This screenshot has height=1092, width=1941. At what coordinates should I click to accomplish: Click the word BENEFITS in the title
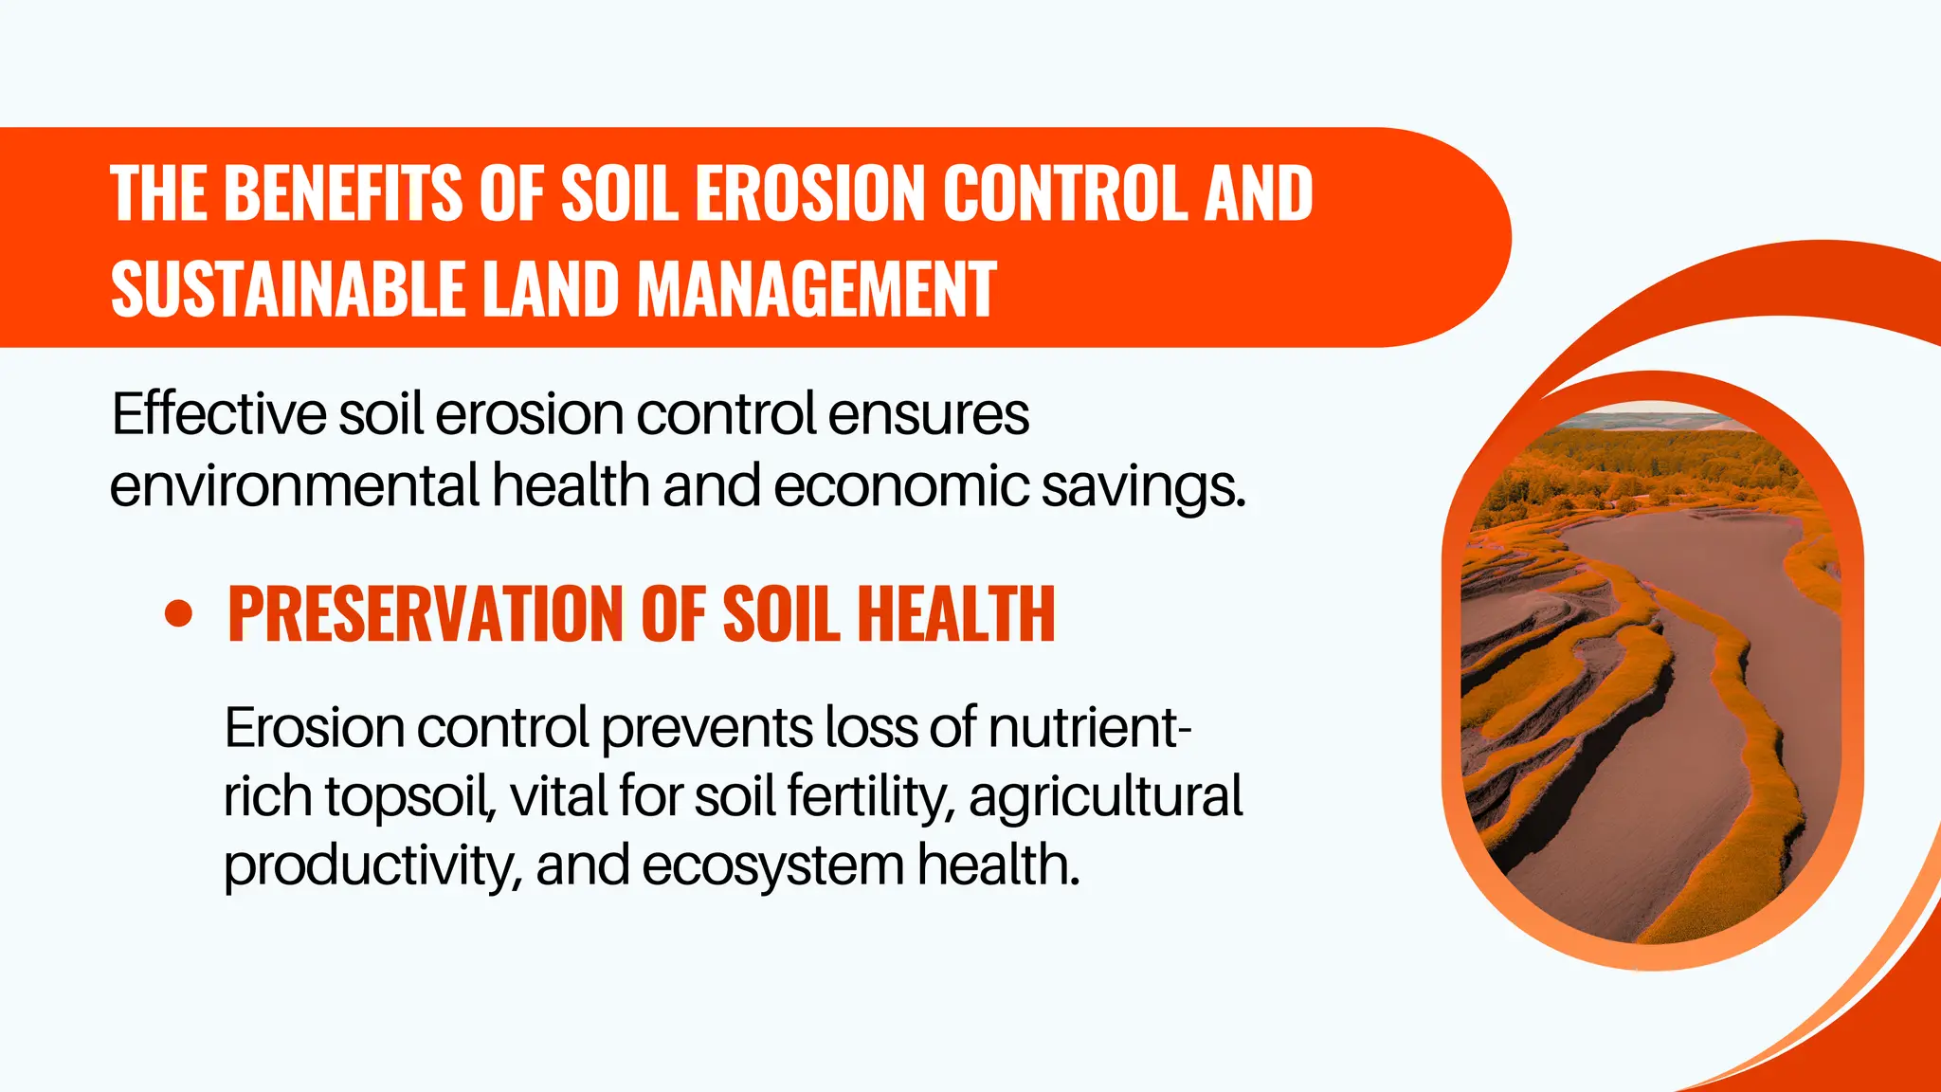click(x=342, y=193)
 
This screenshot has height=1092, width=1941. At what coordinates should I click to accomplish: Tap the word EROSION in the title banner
click(x=809, y=193)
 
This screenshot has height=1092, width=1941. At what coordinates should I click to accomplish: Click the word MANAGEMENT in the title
click(x=816, y=289)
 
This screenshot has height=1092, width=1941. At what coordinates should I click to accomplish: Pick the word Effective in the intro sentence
click(x=219, y=414)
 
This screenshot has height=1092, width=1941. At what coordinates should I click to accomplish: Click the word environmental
click(x=294, y=485)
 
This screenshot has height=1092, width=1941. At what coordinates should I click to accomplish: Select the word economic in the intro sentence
click(x=901, y=485)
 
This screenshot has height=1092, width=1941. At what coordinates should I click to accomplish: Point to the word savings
click(x=1143, y=487)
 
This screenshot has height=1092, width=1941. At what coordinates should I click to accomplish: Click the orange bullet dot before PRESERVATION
click(x=178, y=613)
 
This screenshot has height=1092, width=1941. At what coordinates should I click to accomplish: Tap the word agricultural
click(x=1105, y=796)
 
